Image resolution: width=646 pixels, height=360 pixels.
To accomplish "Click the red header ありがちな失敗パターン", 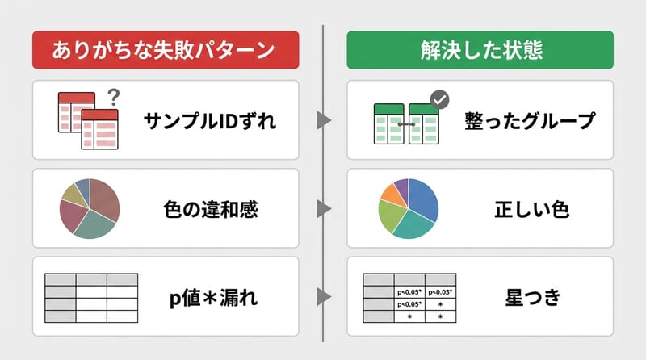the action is point(165,50).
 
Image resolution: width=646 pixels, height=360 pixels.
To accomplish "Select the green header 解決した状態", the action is point(480,50).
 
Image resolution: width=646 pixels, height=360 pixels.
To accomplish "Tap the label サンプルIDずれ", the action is point(210,121).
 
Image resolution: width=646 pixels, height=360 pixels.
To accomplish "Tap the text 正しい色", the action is point(531,210).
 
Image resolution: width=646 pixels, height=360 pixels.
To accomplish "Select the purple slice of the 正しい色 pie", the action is point(401,186).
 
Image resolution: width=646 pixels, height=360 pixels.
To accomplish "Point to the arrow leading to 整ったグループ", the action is point(324,121).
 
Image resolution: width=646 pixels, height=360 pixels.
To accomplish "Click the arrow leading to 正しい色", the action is point(324,210).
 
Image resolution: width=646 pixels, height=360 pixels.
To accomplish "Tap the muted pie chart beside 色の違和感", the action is point(90,208).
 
